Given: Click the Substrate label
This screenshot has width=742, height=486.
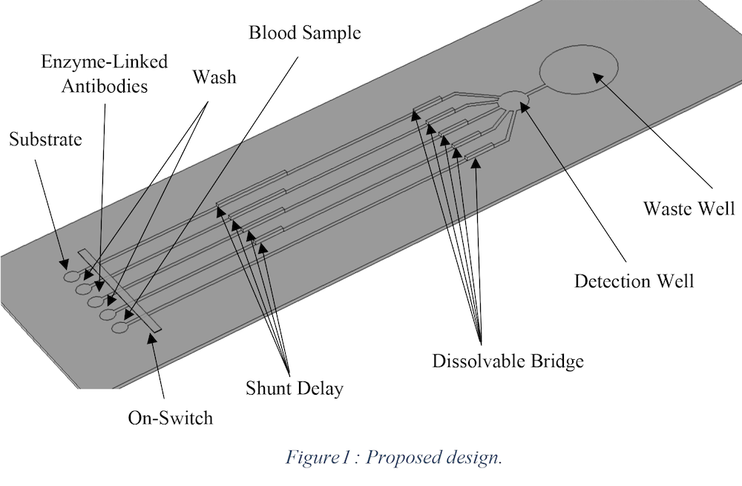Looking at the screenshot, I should tap(45, 139).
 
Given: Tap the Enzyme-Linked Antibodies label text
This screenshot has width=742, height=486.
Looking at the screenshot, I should tap(104, 73).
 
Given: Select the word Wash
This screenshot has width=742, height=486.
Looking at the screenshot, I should tap(214, 76).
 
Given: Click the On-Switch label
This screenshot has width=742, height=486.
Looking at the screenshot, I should tap(170, 417).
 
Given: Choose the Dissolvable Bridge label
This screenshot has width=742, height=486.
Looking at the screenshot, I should tap(508, 361).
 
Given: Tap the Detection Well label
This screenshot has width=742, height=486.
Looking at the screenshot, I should tap(634, 281).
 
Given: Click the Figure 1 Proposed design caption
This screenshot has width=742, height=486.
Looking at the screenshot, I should tap(394, 457).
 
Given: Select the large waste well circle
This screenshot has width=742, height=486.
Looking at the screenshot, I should tap(578, 71).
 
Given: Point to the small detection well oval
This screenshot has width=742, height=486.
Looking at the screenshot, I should tap(514, 99).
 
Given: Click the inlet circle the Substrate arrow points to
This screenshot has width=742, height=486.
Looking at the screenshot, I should tap(71, 277).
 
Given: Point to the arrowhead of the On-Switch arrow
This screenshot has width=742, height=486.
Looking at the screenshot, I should tap(151, 338).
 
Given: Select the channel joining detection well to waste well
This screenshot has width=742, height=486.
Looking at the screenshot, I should tap(538, 91).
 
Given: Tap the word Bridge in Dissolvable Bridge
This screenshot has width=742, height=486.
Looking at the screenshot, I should tap(558, 361).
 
